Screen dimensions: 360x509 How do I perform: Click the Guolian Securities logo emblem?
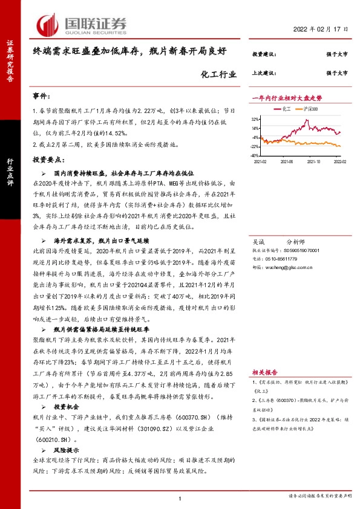(x=49, y=24)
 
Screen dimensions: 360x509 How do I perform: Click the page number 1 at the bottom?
(x=180, y=498)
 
